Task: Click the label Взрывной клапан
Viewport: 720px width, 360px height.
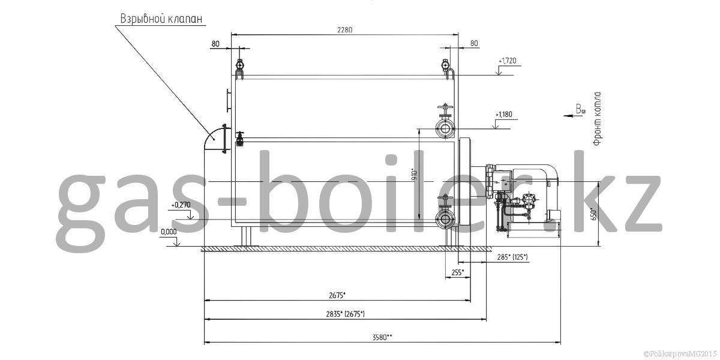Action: [161, 19]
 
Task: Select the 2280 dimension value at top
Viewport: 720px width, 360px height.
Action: [345, 30]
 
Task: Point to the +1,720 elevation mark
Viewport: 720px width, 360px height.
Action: [508, 61]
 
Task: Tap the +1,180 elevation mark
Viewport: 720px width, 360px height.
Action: [504, 115]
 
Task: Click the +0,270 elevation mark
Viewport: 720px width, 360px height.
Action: [181, 205]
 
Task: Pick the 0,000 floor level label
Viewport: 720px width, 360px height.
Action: [169, 232]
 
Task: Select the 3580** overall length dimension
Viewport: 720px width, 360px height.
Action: [382, 337]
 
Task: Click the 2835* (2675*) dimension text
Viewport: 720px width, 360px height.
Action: [345, 314]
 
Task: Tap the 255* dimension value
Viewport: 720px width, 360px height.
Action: [458, 272]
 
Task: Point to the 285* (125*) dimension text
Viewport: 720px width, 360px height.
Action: [512, 257]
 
